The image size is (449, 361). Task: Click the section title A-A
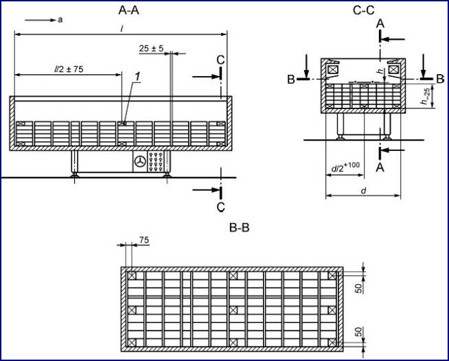(x=128, y=10)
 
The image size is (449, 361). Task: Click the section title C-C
(x=363, y=10)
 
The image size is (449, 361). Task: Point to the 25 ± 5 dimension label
(x=151, y=49)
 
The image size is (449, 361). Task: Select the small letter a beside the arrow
(x=61, y=21)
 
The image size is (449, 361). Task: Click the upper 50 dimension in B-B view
(x=358, y=287)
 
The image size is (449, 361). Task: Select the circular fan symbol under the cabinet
(x=141, y=162)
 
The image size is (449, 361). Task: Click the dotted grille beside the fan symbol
(x=159, y=162)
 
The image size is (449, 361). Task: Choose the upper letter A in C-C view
(x=380, y=24)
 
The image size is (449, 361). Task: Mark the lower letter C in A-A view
(x=220, y=206)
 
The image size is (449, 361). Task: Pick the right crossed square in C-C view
(x=393, y=69)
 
